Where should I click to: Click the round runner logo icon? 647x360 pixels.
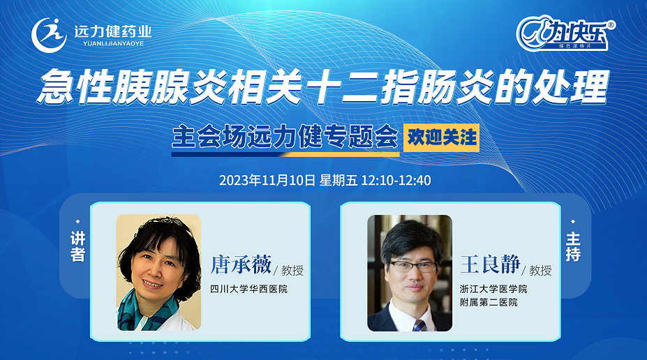[x=49, y=35]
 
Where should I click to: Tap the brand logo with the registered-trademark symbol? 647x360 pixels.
[x=566, y=33]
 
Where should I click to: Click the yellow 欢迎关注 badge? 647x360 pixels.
[x=442, y=137]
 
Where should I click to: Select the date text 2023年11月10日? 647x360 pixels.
[x=267, y=180]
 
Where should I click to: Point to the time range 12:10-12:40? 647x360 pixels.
[x=396, y=180]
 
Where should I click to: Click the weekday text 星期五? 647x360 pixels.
[x=339, y=180]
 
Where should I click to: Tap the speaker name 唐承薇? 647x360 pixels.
[x=241, y=264]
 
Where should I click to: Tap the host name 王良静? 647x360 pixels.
[x=490, y=264]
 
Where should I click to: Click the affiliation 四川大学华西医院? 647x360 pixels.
[x=248, y=289]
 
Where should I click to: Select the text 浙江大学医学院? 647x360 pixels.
[x=493, y=289]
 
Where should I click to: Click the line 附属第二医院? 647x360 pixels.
[x=489, y=302]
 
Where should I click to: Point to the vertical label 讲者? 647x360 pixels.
[x=77, y=246]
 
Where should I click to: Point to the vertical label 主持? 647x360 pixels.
[x=573, y=246]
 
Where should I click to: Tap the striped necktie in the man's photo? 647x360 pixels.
[x=419, y=325]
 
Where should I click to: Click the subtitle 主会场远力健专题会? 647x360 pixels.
[x=285, y=137]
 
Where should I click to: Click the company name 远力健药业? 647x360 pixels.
[x=113, y=31]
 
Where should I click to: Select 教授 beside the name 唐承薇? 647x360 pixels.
[x=292, y=271]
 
